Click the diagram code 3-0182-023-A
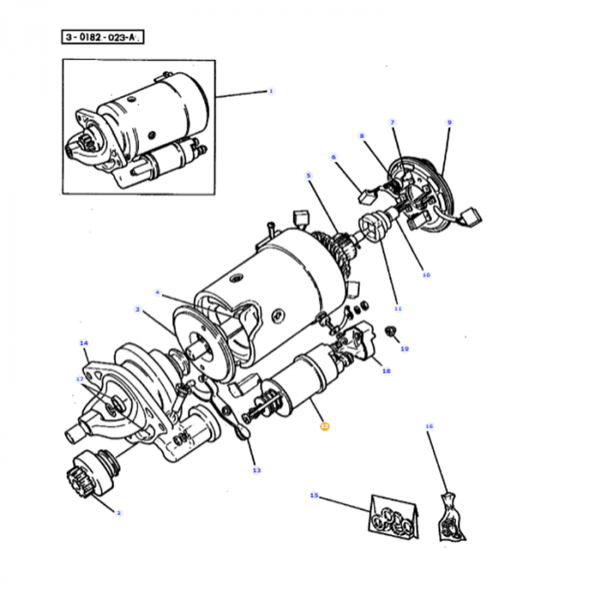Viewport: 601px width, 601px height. (x=101, y=37)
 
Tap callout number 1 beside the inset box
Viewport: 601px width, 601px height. (x=270, y=90)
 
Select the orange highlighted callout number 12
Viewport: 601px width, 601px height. (x=323, y=424)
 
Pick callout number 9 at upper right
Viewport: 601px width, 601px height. (x=448, y=123)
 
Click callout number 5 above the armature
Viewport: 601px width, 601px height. (x=308, y=177)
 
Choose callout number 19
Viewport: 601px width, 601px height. (x=404, y=349)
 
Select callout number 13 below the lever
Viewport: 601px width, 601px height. (x=256, y=470)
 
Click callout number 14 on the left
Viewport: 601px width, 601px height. (x=83, y=344)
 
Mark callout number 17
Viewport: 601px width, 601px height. (x=80, y=378)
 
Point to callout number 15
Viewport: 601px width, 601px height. (x=314, y=495)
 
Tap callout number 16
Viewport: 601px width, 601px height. (x=429, y=426)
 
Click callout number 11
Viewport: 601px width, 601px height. (x=397, y=308)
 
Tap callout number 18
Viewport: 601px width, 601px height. (x=385, y=372)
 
